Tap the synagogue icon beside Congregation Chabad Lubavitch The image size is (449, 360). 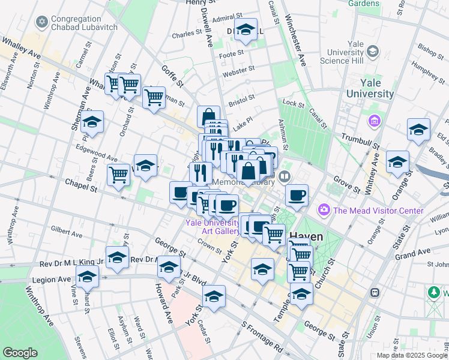41,23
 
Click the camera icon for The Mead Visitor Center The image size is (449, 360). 324,210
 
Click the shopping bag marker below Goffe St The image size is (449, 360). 208,116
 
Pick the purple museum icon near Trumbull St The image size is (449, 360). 375,122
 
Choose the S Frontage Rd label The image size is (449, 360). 261,338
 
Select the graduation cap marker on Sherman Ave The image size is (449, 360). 92,122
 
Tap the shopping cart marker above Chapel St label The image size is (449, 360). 118,175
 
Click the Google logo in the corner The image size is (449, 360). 20,352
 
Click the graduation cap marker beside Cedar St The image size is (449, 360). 214,296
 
